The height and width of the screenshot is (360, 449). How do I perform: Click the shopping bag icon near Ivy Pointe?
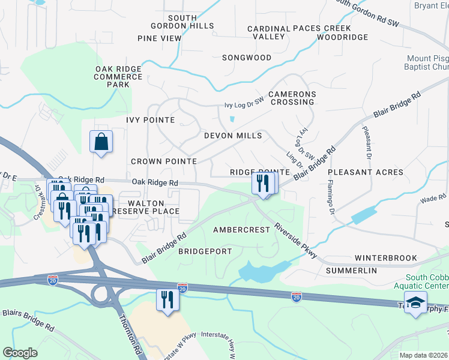point(101,142)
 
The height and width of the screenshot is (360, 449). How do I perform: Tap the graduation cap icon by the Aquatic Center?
point(415,304)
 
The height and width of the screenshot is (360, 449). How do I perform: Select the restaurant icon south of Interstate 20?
point(167,299)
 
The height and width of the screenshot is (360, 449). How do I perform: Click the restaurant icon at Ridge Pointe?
point(262,182)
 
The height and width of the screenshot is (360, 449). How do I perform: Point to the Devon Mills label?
point(233,136)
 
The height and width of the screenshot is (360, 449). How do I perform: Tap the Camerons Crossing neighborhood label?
point(292,98)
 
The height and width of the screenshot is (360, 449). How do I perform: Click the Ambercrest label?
point(241,230)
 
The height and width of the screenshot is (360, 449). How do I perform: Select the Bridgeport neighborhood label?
point(205,251)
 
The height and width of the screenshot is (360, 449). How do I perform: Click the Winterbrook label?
point(385,258)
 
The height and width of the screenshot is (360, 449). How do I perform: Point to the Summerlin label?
point(351,271)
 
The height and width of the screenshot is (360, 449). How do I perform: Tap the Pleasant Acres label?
point(366,172)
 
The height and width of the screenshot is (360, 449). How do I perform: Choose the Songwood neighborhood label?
point(247,58)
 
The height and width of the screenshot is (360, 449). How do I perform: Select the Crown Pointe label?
point(164,161)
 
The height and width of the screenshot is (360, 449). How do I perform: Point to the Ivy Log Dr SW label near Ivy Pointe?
point(244,104)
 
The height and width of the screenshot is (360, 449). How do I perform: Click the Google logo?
point(20,353)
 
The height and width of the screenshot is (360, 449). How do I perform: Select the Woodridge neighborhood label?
point(342,37)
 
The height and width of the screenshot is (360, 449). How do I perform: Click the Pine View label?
point(159,38)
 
